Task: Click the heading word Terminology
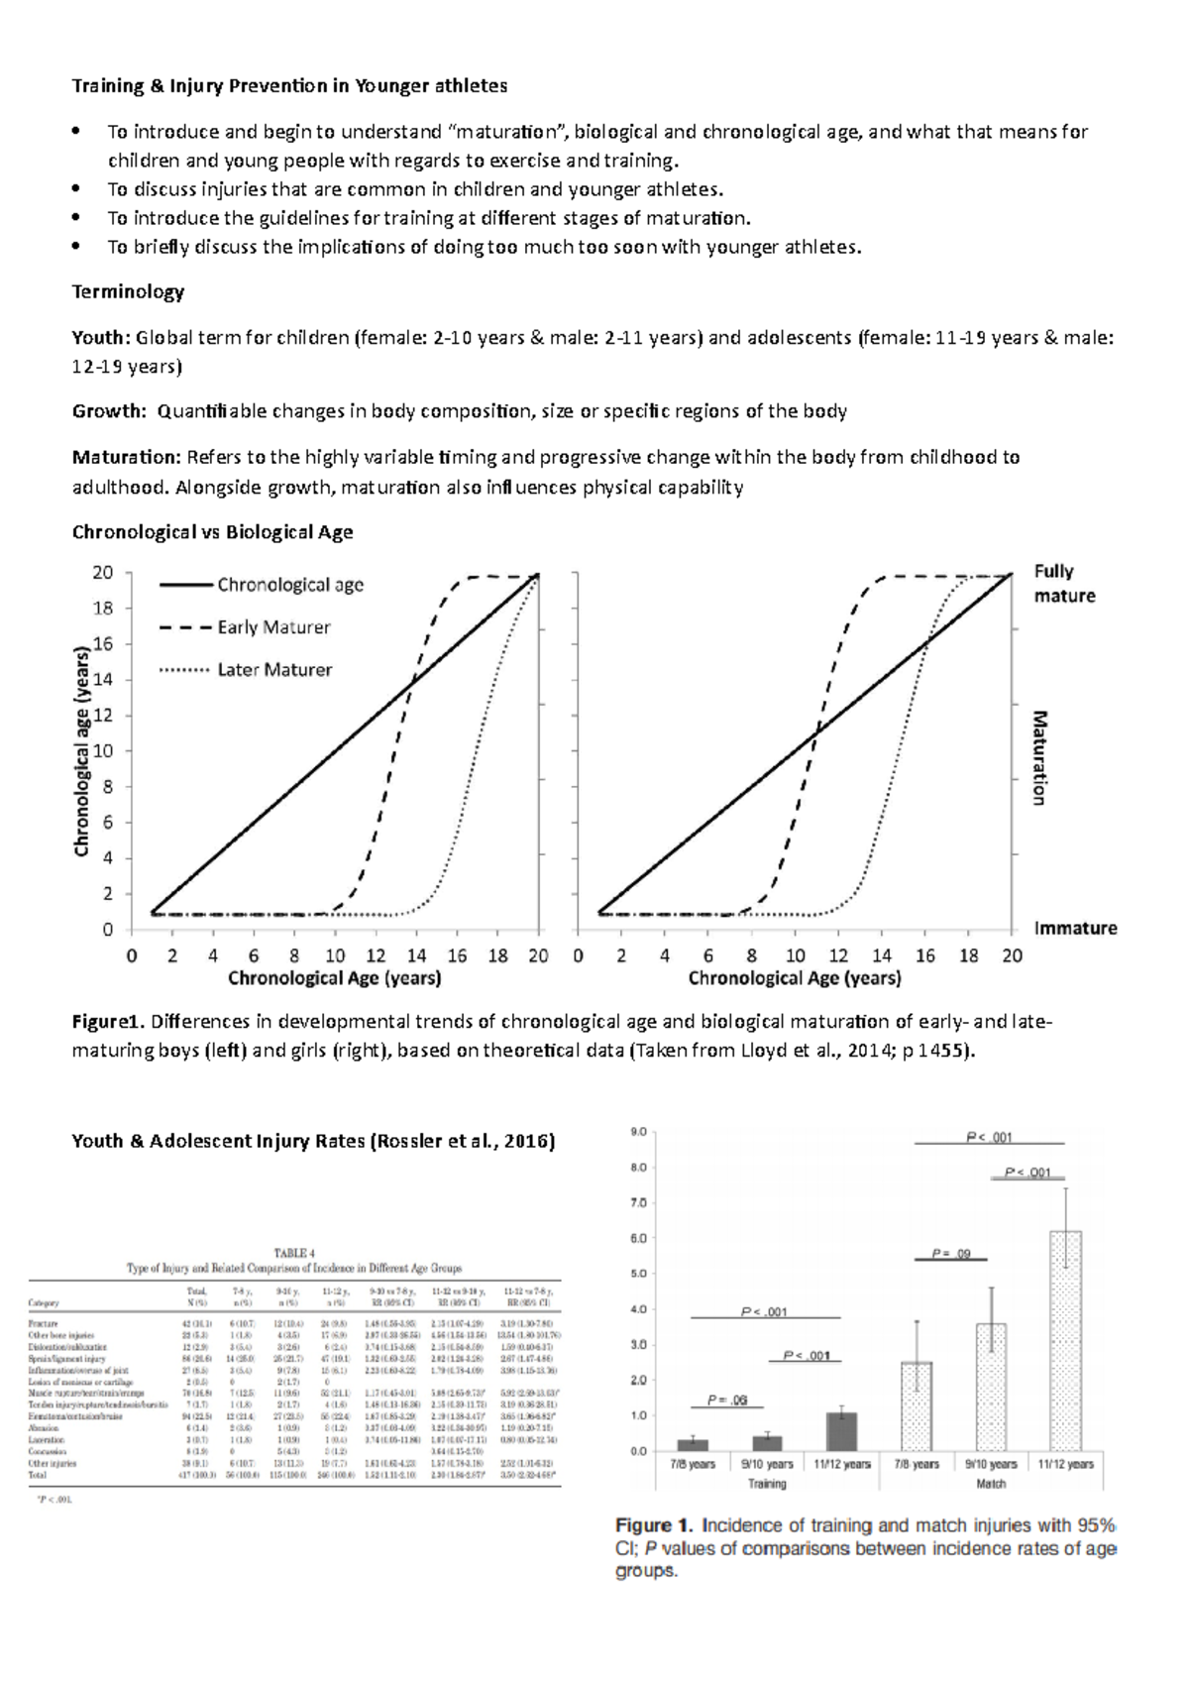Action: point(128,292)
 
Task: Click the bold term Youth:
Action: point(101,338)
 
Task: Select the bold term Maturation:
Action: point(127,458)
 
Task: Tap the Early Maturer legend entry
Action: point(273,627)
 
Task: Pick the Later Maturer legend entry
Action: point(274,670)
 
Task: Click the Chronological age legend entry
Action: point(289,585)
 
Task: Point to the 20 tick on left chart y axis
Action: point(103,573)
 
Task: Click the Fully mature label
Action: point(1064,584)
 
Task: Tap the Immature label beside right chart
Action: point(1075,929)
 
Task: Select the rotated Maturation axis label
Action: point(1039,757)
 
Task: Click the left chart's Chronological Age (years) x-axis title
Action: point(335,979)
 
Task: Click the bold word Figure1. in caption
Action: point(109,1022)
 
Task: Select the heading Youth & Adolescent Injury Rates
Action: point(313,1141)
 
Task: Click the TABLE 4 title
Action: point(293,1253)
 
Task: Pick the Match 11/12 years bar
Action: point(1065,1341)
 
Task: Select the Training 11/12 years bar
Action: point(841,1431)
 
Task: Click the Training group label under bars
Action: point(767,1484)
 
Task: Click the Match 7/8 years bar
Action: point(917,1405)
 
